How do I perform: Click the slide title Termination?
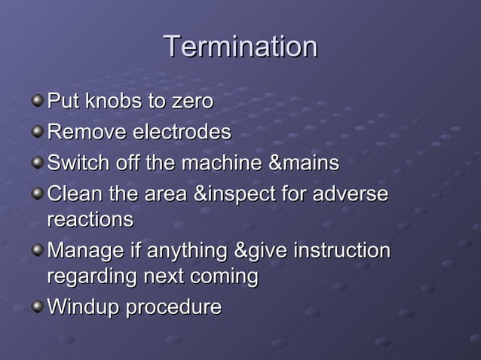pyautogui.click(x=240, y=47)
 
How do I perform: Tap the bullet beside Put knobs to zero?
pyautogui.click(x=37, y=99)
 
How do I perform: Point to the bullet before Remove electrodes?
pyautogui.click(x=37, y=132)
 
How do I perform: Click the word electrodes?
pyautogui.click(x=182, y=133)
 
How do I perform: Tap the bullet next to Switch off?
pyautogui.click(x=37, y=162)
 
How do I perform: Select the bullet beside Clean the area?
pyautogui.click(x=37, y=193)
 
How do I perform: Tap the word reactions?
pyautogui.click(x=90, y=220)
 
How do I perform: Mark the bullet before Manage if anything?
pyautogui.click(x=37, y=249)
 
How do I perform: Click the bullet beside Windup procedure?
pyautogui.click(x=37, y=307)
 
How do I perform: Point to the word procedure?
pyautogui.click(x=173, y=308)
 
